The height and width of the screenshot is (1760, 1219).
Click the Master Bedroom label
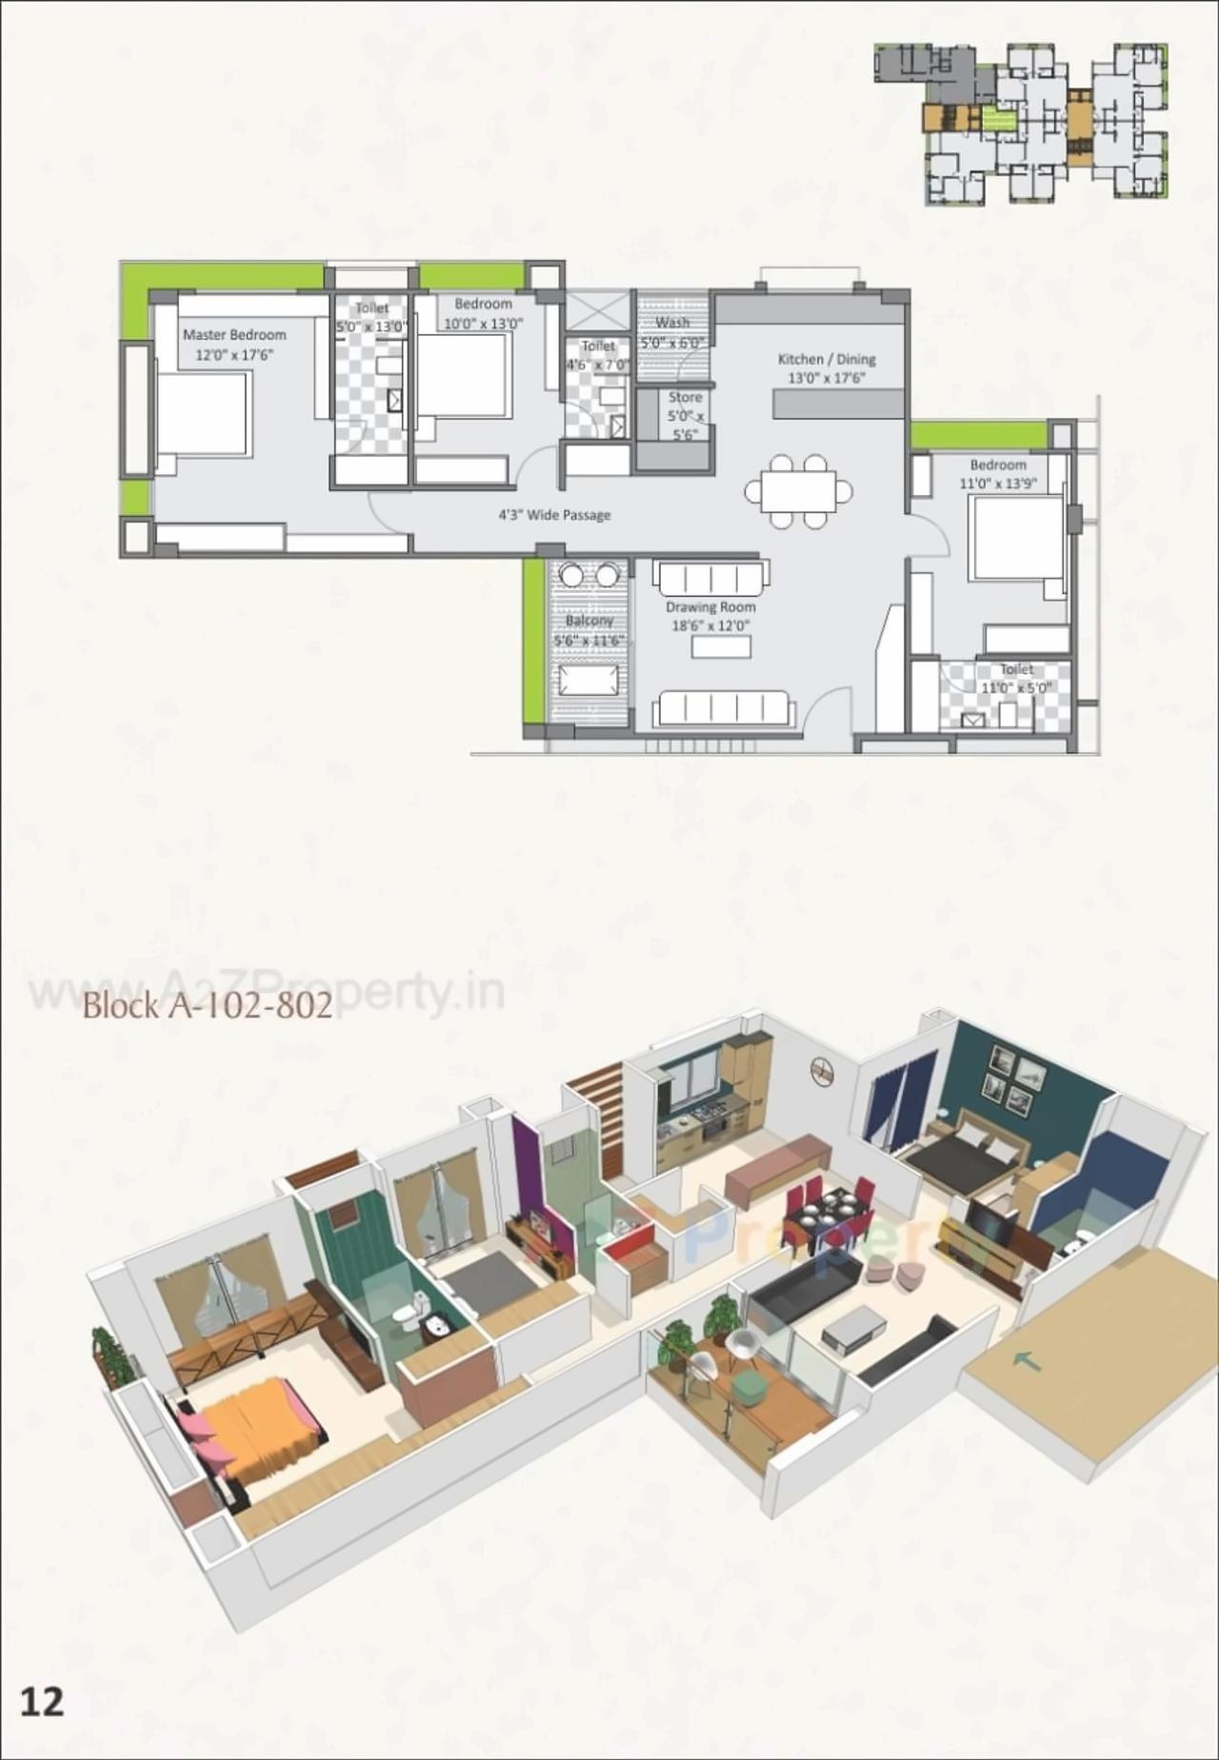(x=234, y=335)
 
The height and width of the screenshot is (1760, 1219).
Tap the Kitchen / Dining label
(x=826, y=359)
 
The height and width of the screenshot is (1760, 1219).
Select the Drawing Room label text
(x=710, y=607)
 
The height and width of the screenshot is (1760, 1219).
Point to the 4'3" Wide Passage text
(x=554, y=515)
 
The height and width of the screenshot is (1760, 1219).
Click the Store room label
(x=685, y=398)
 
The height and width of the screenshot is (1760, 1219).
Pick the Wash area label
(x=672, y=323)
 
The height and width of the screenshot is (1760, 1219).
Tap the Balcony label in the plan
(x=589, y=621)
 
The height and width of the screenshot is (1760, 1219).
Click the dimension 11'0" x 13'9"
(x=998, y=483)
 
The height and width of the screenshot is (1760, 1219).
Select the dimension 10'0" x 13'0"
(x=484, y=323)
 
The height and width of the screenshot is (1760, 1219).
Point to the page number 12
(x=42, y=1701)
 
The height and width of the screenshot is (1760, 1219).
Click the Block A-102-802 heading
(x=208, y=1006)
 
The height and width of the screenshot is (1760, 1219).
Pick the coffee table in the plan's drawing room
(x=721, y=647)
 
